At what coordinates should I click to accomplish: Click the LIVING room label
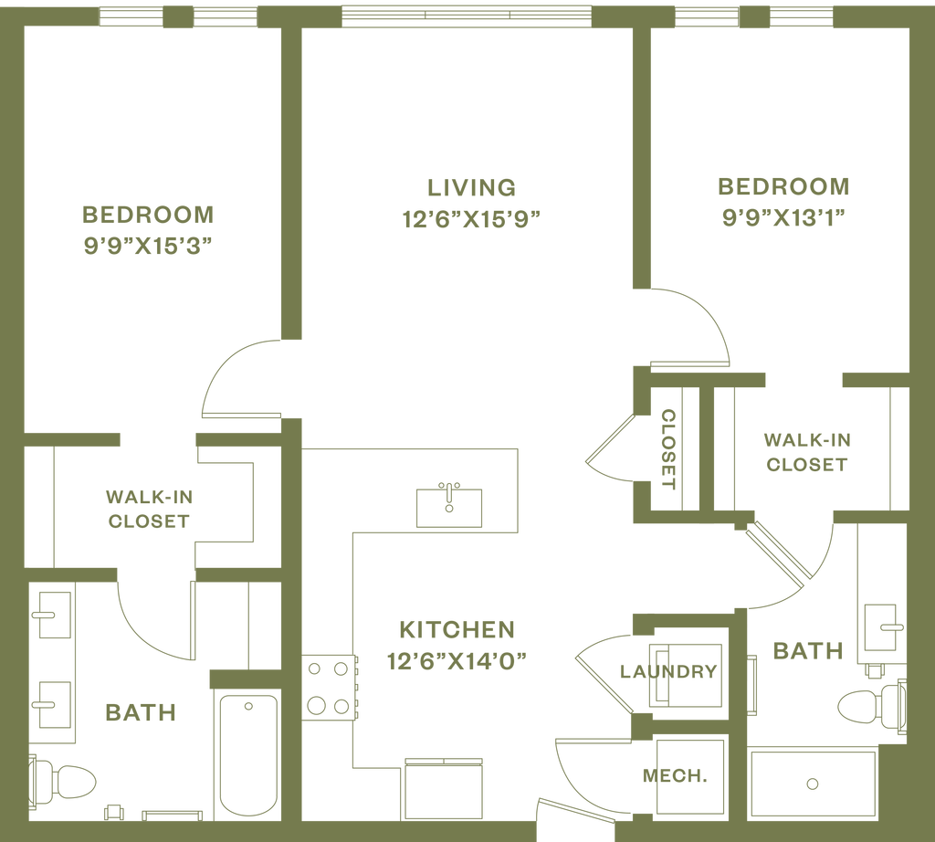[471, 187]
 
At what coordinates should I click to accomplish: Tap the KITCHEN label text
[457, 629]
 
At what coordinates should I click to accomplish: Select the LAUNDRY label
[667, 672]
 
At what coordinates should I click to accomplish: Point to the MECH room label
[674, 776]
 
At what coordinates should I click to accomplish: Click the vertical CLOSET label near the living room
[668, 447]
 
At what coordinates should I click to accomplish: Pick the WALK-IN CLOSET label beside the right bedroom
[806, 451]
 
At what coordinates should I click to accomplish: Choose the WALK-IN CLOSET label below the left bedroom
[149, 510]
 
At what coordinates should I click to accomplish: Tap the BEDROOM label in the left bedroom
[148, 216]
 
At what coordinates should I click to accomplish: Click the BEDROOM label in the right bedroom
[783, 187]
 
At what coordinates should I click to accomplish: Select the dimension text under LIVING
[472, 219]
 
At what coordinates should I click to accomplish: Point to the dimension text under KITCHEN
[457, 660]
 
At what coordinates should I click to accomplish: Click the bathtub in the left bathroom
[247, 753]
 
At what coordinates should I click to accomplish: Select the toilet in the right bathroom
[868, 706]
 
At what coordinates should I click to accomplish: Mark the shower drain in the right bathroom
[812, 784]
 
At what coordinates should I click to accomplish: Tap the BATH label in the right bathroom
[807, 651]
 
